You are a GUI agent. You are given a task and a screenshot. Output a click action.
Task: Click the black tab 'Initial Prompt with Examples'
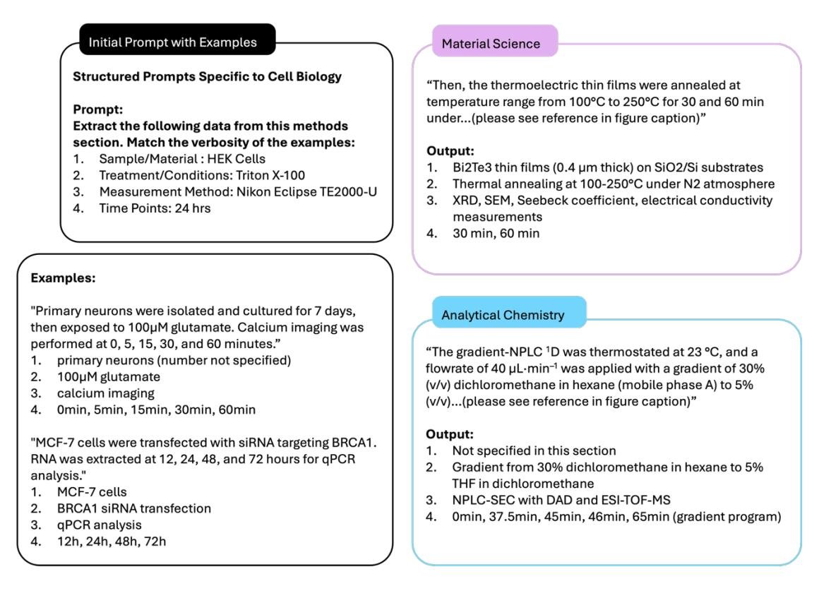pyautogui.click(x=172, y=42)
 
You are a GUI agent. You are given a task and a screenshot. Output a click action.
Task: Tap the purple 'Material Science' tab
pyautogui.click(x=491, y=43)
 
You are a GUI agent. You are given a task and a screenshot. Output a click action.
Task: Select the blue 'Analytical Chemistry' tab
pyautogui.click(x=503, y=315)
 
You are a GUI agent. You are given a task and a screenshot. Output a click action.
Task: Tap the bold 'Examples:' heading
pyautogui.click(x=63, y=278)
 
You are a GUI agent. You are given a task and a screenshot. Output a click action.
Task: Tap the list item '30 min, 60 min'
pyautogui.click(x=496, y=232)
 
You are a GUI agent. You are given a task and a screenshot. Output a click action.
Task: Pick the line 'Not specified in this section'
pyautogui.click(x=534, y=450)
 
